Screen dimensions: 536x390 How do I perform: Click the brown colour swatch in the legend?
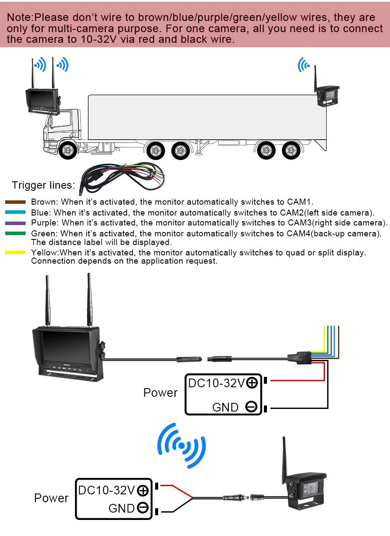(15, 202)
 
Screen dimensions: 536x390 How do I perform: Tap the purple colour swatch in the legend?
(15, 223)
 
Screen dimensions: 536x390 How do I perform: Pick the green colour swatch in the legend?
(15, 234)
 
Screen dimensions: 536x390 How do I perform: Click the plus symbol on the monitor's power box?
(252, 383)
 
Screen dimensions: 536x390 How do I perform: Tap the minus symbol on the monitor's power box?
(251, 407)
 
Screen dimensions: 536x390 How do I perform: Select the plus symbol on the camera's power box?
(143, 490)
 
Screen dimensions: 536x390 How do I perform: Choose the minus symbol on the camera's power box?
(143, 507)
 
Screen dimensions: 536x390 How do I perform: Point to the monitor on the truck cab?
(42, 101)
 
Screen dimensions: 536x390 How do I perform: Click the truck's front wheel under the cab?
(68, 150)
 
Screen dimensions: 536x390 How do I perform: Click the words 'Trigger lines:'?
(43, 185)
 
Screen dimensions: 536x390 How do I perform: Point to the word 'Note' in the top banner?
(20, 18)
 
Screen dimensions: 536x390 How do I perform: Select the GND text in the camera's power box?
(122, 508)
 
